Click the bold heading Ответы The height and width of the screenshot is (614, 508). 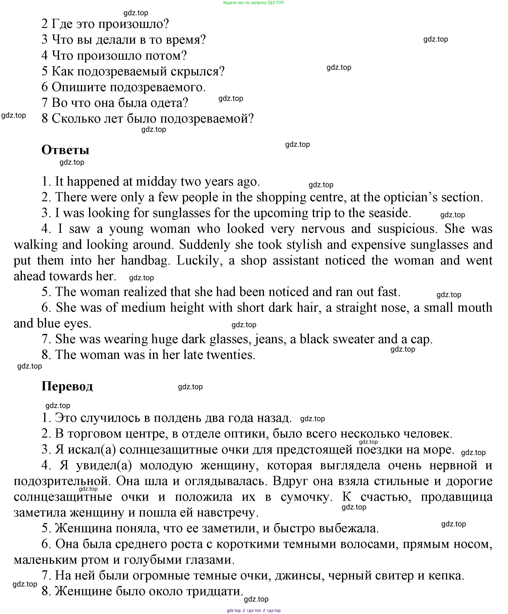65,150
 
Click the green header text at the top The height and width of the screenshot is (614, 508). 253,3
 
